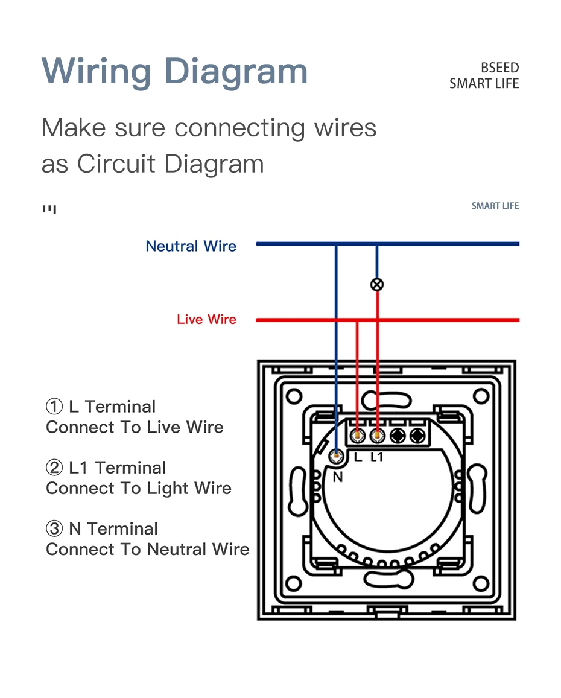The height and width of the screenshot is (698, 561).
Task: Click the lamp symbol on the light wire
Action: (x=377, y=284)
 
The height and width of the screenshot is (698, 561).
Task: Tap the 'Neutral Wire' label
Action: (x=191, y=246)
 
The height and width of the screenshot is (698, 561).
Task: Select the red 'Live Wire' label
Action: (x=206, y=319)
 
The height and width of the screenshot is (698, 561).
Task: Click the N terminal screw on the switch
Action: (x=336, y=457)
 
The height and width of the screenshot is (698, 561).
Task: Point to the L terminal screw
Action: (x=358, y=434)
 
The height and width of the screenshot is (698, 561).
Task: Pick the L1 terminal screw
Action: (x=378, y=434)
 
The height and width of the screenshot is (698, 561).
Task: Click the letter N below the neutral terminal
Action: (x=338, y=477)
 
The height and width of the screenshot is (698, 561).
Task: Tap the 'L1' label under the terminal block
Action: (x=377, y=457)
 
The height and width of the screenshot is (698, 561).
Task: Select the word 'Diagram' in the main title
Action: (x=236, y=71)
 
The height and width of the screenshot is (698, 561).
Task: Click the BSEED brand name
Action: (x=499, y=68)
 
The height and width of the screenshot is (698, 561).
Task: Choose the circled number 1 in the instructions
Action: (x=54, y=407)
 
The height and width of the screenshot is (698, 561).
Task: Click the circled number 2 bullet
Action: (x=54, y=468)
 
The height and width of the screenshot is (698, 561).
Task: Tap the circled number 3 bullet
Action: (x=54, y=529)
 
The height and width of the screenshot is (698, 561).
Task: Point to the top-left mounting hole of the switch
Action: (x=294, y=396)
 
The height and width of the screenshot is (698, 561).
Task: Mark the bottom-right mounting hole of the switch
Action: (x=481, y=583)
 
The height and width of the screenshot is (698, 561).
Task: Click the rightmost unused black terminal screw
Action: (x=417, y=434)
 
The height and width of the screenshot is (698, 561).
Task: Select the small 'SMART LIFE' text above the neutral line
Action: (x=495, y=206)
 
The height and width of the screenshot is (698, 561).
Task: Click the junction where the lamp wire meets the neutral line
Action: (x=377, y=244)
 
